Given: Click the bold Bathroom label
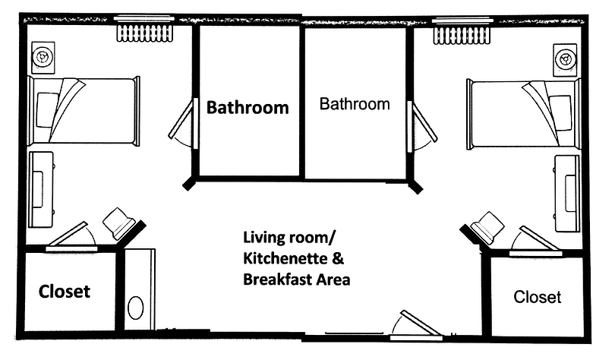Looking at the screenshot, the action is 248,107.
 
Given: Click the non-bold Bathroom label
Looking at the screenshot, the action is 355,104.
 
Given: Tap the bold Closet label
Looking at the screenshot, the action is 65,292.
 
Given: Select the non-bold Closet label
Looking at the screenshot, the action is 538,297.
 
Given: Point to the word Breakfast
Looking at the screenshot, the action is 278,279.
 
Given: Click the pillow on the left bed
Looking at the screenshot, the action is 48,110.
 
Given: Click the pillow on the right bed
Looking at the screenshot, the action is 560,113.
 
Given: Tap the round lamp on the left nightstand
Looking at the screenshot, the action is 42,57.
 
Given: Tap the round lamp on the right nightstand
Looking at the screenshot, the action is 566,60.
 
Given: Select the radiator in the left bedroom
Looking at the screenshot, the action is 145,33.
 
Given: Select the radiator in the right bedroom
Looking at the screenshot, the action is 462,35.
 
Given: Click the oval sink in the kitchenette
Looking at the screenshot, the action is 136,308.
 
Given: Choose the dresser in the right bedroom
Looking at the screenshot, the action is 567,194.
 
